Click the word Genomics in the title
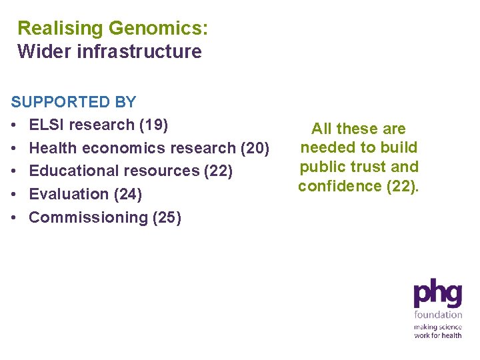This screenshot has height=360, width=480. [158, 29]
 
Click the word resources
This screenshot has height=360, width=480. [160, 171]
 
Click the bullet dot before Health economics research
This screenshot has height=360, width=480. [14, 148]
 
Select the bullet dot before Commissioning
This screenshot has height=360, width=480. [14, 217]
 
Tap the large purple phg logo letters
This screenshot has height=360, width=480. [437, 294]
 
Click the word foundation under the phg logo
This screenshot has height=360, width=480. [438, 315]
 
